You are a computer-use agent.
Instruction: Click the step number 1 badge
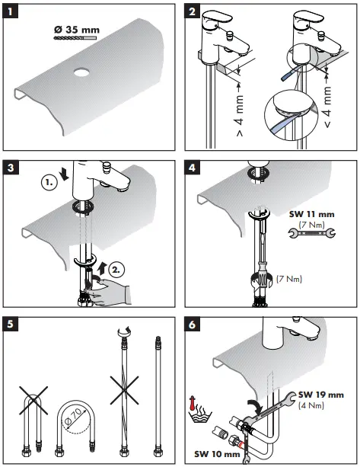click(11, 12)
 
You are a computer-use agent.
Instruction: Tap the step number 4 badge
click(193, 168)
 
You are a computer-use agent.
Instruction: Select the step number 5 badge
click(11, 324)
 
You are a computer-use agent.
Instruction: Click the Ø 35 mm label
click(77, 30)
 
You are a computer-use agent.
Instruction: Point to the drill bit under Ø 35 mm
click(75, 38)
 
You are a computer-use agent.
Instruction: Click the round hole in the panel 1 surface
click(82, 72)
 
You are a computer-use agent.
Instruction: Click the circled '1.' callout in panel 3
click(49, 182)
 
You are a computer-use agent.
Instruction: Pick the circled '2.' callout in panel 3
click(116, 270)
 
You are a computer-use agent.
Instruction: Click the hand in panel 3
click(109, 293)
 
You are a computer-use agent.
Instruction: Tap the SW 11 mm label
click(312, 214)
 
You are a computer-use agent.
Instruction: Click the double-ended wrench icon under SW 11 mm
click(312, 233)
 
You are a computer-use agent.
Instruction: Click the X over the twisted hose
click(124, 390)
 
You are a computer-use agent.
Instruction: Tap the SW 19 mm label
click(321, 395)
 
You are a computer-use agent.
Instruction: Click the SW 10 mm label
click(217, 454)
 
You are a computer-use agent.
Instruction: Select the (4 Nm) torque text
click(311, 405)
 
